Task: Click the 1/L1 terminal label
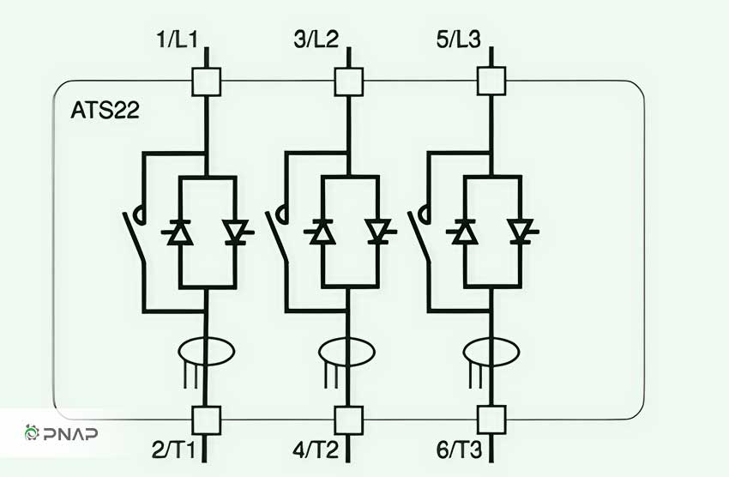tap(178, 39)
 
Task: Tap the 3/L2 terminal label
tap(316, 39)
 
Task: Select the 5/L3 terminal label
tap(459, 39)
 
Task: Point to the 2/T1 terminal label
tap(174, 450)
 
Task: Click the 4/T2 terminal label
tap(316, 450)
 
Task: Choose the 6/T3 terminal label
tap(460, 450)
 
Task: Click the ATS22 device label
tap(105, 111)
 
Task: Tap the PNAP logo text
tap(70, 434)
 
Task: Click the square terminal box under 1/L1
tap(207, 82)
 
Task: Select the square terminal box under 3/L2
tap(349, 82)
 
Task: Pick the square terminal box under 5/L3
tap(491, 82)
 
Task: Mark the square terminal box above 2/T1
tap(207, 420)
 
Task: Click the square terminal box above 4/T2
tap(349, 420)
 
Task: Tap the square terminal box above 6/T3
tap(491, 420)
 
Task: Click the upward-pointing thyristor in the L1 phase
tap(180, 232)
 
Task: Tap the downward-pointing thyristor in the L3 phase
tap(521, 232)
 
